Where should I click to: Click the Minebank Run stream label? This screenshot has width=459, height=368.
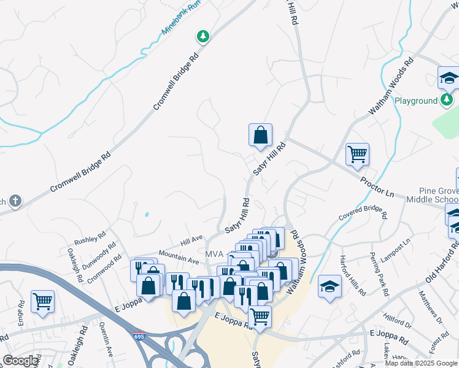tap(181, 17)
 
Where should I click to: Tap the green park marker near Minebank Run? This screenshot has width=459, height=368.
tap(202, 37)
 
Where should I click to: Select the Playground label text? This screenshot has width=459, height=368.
tap(415, 101)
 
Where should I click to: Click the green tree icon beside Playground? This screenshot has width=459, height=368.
tap(448, 99)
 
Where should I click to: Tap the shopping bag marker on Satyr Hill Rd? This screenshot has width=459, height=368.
tap(260, 134)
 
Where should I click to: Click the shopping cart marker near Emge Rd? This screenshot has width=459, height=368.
tap(42, 301)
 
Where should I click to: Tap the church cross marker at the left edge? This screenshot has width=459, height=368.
tap(15, 201)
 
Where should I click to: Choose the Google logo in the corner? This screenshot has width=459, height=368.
tap(20, 360)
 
